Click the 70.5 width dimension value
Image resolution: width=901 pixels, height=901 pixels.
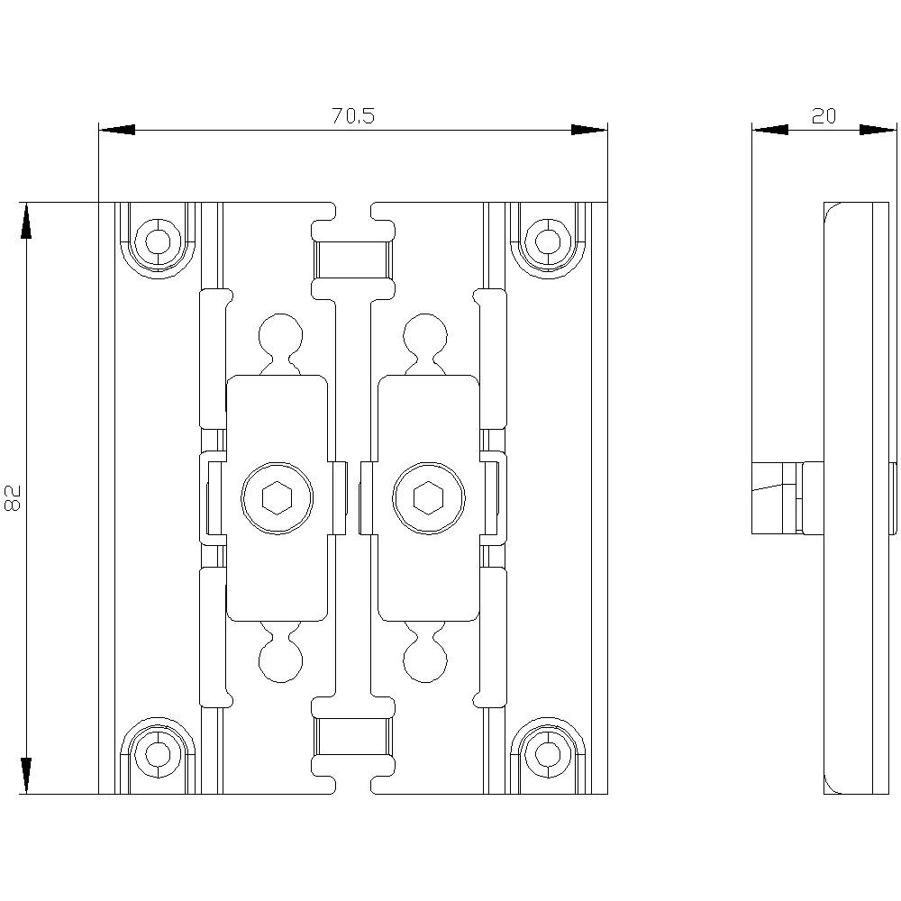352,115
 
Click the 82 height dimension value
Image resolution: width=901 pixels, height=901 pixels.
14,497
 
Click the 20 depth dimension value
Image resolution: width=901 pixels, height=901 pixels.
823,115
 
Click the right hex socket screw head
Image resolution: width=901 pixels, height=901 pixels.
429,497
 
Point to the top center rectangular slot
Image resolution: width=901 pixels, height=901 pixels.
352,260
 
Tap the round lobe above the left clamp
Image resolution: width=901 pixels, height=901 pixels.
278,334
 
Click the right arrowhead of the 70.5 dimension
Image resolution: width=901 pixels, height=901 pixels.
589,130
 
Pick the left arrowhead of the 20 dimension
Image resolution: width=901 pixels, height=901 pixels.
769,130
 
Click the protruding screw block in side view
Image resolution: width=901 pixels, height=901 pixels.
775,498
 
